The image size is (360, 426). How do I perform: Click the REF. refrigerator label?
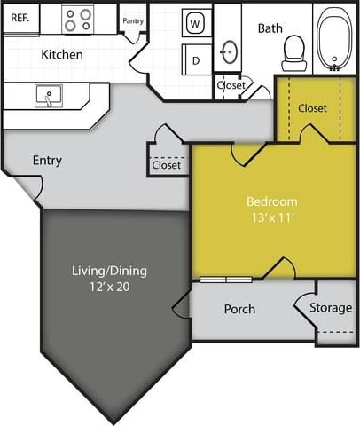pos(20,17)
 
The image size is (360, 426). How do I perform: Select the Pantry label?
pos(133,20)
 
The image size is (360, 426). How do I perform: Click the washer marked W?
pos(195,23)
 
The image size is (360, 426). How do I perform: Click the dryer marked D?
pos(196,60)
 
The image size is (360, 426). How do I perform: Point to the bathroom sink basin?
pos(229,51)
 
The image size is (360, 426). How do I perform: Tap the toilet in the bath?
pos(293,54)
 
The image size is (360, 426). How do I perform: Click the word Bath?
pos(270,28)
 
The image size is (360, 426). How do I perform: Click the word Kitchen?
pos(62,55)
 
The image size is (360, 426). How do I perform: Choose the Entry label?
pos(47,161)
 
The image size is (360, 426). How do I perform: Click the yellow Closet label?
pos(312,108)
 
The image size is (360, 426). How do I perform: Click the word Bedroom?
pos(272,201)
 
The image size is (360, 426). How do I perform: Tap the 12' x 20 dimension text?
pos(107,287)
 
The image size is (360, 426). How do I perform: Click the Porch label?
pos(239,309)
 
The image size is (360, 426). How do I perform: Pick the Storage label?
pos(331,308)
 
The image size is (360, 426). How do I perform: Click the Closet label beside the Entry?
pos(167,165)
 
